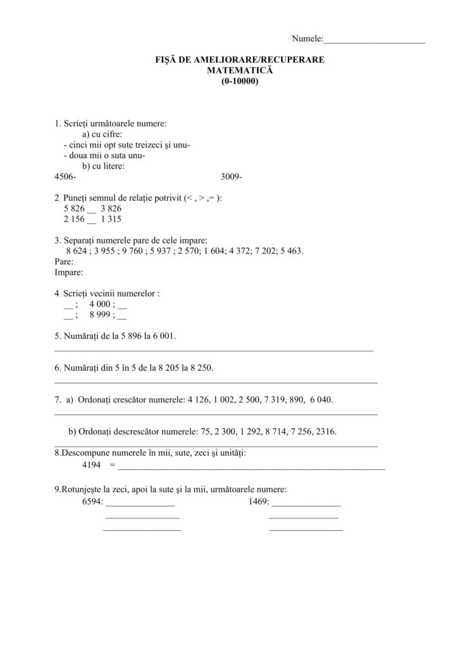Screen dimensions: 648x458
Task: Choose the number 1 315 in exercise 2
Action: pyautogui.click(x=111, y=219)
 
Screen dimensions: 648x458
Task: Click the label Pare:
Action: pyautogui.click(x=65, y=261)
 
